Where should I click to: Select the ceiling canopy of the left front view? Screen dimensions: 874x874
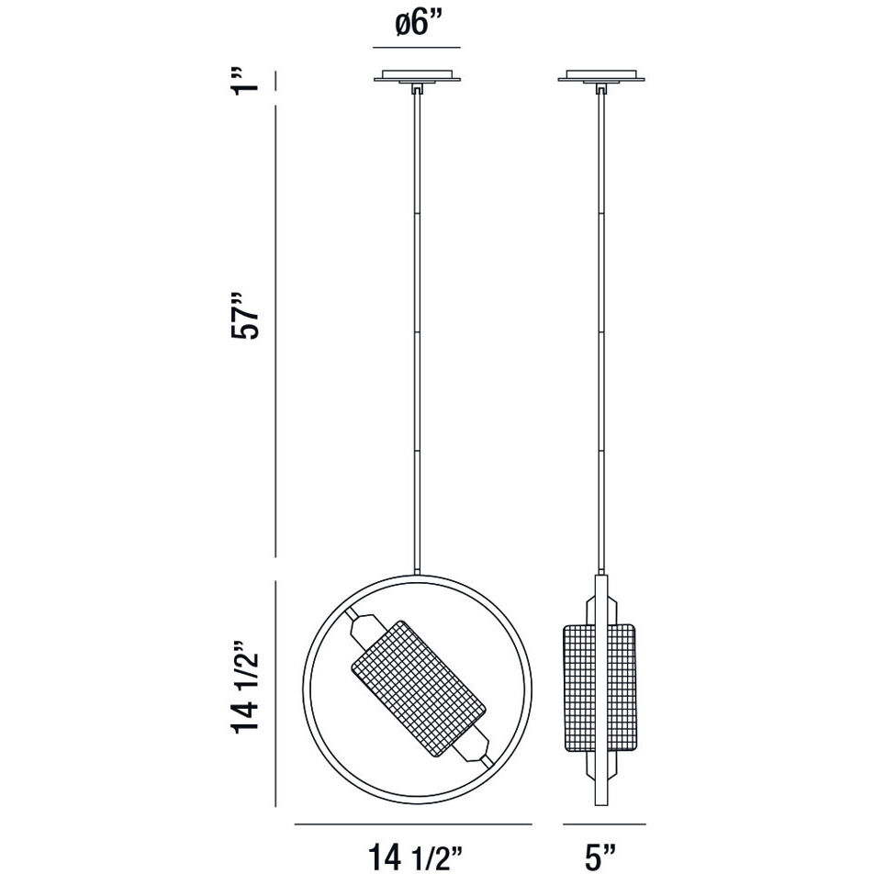point(417,75)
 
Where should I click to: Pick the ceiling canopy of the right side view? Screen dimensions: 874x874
point(601,75)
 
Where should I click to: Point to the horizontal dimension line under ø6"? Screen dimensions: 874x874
point(415,47)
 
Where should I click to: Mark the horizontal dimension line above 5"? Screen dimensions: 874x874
point(601,824)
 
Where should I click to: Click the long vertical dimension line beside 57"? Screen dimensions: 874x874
point(276,331)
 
